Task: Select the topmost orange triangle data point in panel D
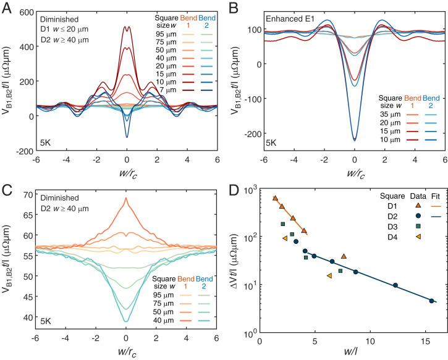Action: pyautogui.click(x=276, y=198)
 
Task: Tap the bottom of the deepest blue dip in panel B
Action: pyautogui.click(x=354, y=140)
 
